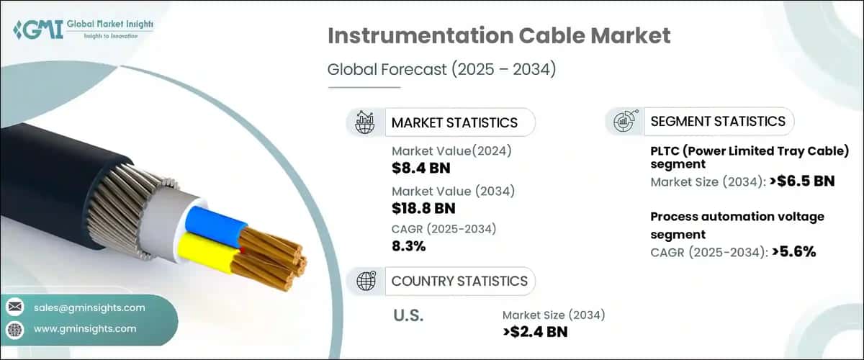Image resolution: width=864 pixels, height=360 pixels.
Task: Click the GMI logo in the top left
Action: pyautogui.click(x=82, y=30)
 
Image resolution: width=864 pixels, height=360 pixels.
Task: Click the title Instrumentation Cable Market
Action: pyautogui.click(x=499, y=36)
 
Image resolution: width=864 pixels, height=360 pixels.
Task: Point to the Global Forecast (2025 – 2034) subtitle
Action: pyautogui.click(x=441, y=70)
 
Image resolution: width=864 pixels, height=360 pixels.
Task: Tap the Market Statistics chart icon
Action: pyautogui.click(x=364, y=122)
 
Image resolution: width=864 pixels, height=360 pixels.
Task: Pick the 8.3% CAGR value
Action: pyautogui.click(x=409, y=246)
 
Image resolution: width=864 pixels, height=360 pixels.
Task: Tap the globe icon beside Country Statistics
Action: pyautogui.click(x=364, y=281)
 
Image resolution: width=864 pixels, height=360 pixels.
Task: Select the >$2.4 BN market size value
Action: pyautogui.click(x=536, y=331)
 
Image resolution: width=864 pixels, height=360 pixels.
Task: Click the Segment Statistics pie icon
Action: pyautogui.click(x=624, y=121)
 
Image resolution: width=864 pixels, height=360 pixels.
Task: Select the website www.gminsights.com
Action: pyautogui.click(x=85, y=328)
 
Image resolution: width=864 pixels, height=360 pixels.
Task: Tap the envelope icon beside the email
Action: pyautogui.click(x=14, y=307)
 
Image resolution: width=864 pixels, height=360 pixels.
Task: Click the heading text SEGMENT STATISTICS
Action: pyautogui.click(x=718, y=121)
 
